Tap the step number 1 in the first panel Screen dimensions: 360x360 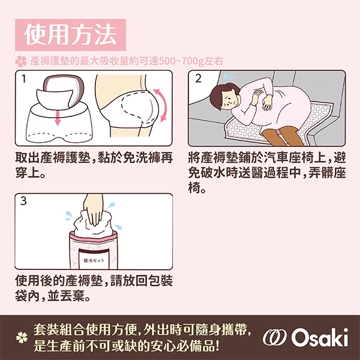tap(23, 79)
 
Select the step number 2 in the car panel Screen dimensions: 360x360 tap(198, 79)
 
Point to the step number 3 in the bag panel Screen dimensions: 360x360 tap(23, 202)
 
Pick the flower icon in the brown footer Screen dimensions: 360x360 tap(22, 338)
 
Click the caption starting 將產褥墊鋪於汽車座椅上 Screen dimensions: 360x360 tap(266, 172)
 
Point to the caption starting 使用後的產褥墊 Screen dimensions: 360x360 tap(90, 288)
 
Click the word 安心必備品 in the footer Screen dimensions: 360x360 tap(185, 346)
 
